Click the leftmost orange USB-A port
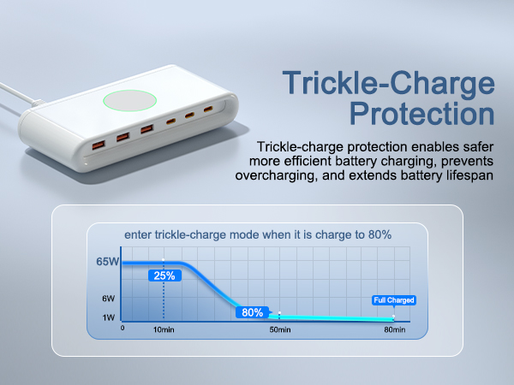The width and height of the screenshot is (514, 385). (x=101, y=139)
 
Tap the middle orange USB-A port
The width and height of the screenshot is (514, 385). (x=123, y=134)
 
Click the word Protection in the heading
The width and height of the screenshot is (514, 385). (x=421, y=114)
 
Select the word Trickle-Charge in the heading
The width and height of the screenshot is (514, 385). (x=390, y=83)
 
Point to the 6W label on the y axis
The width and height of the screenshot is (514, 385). (x=109, y=299)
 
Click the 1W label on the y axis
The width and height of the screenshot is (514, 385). (x=109, y=317)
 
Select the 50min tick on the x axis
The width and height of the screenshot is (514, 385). (x=280, y=329)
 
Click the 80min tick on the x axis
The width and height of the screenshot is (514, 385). (x=394, y=329)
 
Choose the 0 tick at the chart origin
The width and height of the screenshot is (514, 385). (x=123, y=328)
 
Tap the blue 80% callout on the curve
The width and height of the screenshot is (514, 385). (x=252, y=312)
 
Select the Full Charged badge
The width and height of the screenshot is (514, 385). (x=394, y=300)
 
